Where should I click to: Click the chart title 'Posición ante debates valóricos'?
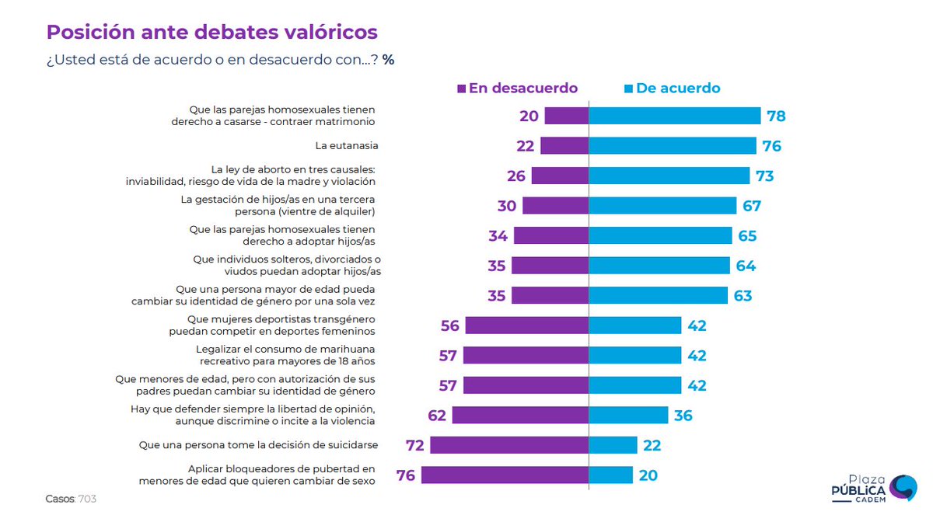pos(212,32)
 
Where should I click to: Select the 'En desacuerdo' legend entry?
pos(517,88)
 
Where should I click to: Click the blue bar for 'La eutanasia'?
pos(672,146)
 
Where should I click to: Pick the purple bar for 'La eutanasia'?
pos(564,146)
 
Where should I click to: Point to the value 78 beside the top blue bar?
pos(776,117)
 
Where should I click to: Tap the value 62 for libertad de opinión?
pos(437,416)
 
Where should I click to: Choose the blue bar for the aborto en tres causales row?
pos(669,176)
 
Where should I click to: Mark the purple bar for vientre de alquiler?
pos(555,206)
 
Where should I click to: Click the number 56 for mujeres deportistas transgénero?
pos(450,325)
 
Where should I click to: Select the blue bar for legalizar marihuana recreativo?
pos(634,356)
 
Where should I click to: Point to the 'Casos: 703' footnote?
pos(71,497)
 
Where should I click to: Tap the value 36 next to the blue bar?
pos(683,416)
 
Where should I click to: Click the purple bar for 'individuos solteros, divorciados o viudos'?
pos(549,266)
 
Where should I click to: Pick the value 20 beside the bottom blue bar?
pos(648,475)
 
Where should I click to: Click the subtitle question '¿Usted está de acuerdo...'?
pos(220,60)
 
